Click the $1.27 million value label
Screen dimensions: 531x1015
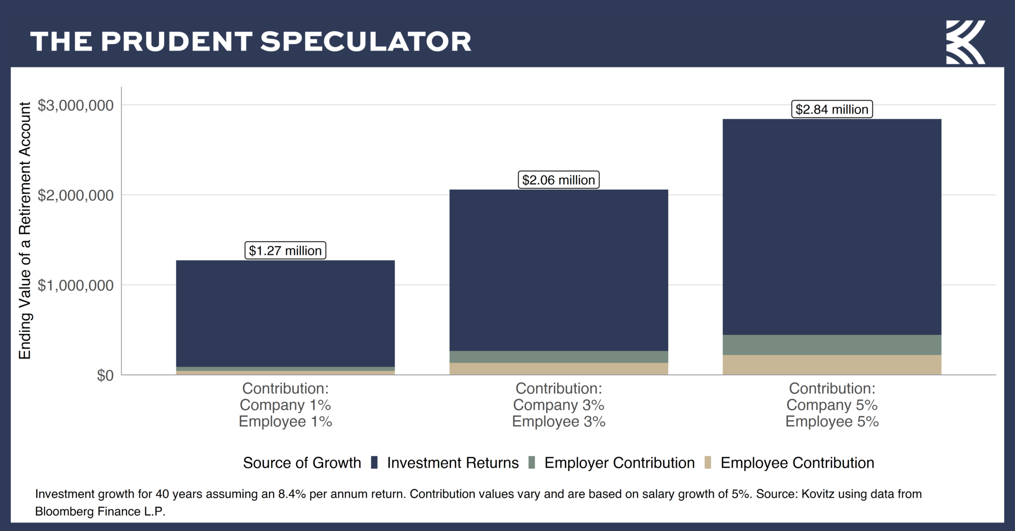pos(285,251)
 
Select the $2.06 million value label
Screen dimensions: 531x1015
pos(559,180)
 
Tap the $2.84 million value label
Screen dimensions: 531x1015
pos(832,109)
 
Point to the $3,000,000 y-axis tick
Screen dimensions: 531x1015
pos(76,106)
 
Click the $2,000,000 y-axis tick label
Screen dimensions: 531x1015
pos(76,196)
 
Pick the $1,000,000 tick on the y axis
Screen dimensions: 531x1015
pos(76,286)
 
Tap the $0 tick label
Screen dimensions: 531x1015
pos(105,375)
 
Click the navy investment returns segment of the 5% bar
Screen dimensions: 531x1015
pos(832,227)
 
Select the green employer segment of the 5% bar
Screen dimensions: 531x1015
pos(832,345)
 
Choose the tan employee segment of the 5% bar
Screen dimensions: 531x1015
pos(832,365)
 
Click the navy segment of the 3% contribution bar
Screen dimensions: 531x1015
pos(559,270)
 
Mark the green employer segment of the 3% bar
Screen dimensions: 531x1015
pos(559,357)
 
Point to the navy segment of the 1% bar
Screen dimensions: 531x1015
pos(285,313)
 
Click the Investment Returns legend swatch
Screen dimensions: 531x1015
pos(375,463)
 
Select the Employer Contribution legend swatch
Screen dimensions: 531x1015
pos(532,463)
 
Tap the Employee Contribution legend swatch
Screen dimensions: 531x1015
pos(708,463)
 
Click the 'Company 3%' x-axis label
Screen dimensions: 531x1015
pos(559,405)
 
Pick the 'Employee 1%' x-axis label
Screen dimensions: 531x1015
pos(285,422)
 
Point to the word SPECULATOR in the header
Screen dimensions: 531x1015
pos(366,42)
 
